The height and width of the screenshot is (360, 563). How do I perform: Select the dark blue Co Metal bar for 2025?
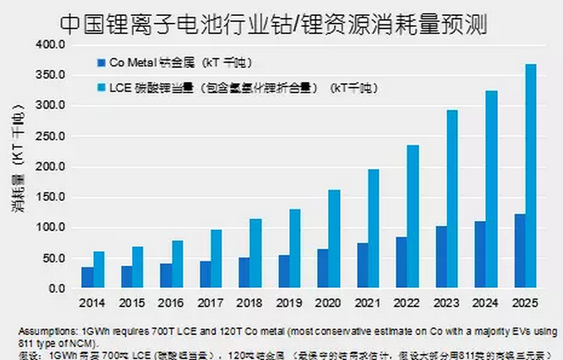(x=519, y=251)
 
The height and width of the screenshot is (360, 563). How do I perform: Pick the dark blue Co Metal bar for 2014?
(x=88, y=278)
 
